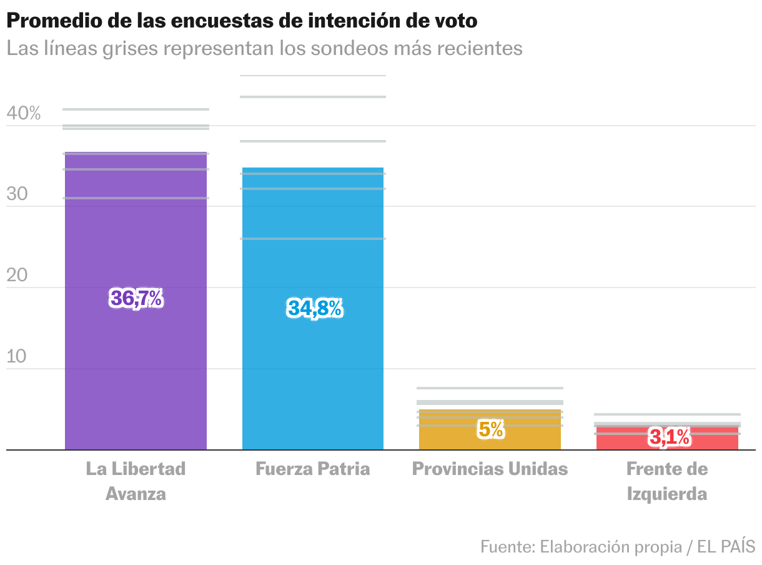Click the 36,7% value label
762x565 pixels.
[x=136, y=299]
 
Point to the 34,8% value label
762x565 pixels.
[x=315, y=308]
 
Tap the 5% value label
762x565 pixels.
[x=491, y=429]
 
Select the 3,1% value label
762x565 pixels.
[x=670, y=437]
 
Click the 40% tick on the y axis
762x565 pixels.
[x=24, y=114]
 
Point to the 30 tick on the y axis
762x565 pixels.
[x=17, y=194]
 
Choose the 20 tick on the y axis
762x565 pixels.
[x=17, y=276]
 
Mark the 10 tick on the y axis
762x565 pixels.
[x=17, y=357]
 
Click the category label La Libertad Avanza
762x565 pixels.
[x=136, y=481]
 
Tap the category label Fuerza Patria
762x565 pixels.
[x=312, y=469]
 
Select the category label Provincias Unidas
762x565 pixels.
[x=490, y=469]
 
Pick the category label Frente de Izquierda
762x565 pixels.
[x=667, y=481]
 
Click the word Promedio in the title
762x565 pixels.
[x=50, y=21]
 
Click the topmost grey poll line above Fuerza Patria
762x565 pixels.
[x=313, y=76]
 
